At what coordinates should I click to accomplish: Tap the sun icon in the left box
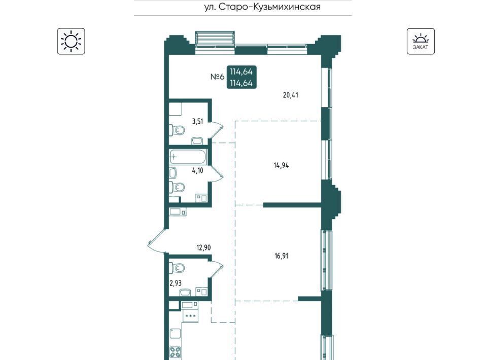pyautogui.click(x=71, y=41)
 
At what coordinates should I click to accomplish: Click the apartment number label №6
pyautogui.click(x=217, y=77)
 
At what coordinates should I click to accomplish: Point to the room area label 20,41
pyautogui.click(x=290, y=95)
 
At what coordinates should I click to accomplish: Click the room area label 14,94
pyautogui.click(x=281, y=165)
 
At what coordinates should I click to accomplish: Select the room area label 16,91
pyautogui.click(x=281, y=256)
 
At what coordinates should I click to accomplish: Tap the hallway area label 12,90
pyautogui.click(x=203, y=247)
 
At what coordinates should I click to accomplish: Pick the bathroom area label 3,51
pyautogui.click(x=197, y=121)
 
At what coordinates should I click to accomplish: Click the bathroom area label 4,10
pyautogui.click(x=197, y=170)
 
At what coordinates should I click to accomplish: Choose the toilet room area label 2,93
pyautogui.click(x=176, y=283)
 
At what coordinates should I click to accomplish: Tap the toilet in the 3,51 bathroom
pyautogui.click(x=177, y=130)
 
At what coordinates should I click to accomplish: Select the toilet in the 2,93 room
pyautogui.click(x=177, y=267)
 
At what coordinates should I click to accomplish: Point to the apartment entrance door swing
pyautogui.click(x=156, y=241)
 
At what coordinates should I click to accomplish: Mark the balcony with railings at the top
pyautogui.click(x=215, y=39)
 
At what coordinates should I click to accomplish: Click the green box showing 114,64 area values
pyautogui.click(x=241, y=77)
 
